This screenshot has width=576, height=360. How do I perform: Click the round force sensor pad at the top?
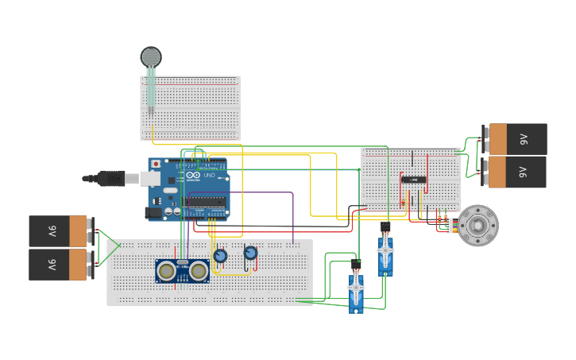click(150, 56)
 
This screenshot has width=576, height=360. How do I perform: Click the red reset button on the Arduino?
click(156, 165)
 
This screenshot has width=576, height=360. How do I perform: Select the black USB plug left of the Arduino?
click(111, 178)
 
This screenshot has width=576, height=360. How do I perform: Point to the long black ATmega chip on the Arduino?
click(204, 201)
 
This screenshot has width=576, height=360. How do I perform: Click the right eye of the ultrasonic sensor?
click(199, 271)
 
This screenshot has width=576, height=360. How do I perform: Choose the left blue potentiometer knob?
click(220, 256)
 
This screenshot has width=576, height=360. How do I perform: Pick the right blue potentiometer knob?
click(250, 253)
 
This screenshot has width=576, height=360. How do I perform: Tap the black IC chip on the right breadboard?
click(413, 180)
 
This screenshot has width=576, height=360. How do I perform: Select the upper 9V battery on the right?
click(517, 139)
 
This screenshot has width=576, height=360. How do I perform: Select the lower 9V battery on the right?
click(517, 172)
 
